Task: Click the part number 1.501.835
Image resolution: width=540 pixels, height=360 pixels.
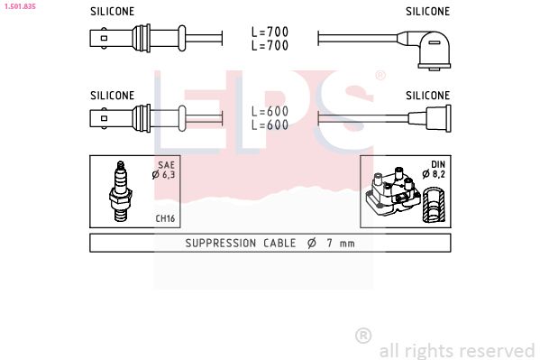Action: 20,6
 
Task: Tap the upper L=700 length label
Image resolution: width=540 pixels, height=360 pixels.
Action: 270,32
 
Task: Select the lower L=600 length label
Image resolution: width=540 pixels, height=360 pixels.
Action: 270,125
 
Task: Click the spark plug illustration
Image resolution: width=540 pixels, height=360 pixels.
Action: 120,191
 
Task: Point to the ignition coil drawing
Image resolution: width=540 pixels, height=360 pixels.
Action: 392,191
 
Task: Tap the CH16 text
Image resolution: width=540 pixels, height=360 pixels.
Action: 165,218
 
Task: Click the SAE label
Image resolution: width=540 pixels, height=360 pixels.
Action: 167,165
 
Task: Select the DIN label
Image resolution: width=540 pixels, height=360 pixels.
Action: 438,164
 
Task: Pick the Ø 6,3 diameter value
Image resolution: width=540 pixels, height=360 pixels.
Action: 163,174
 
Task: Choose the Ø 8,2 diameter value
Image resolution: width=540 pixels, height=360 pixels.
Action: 434,174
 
